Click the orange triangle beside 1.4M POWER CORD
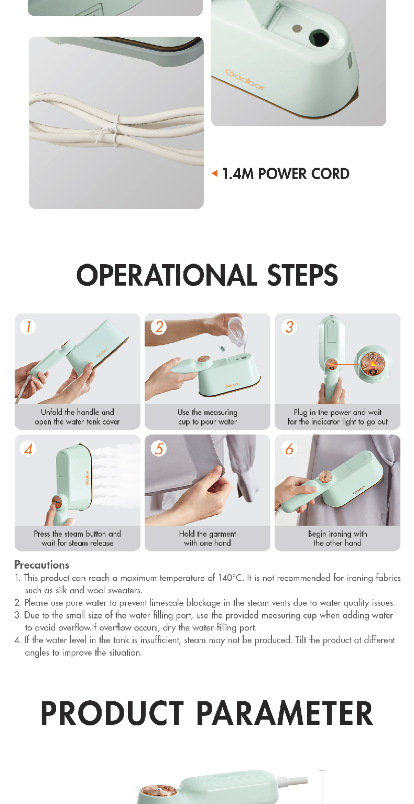tap(214, 173)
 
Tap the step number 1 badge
tap(28, 327)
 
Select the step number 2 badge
tap(159, 327)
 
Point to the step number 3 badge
tap(289, 327)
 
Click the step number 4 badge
tap(28, 449)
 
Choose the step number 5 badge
tap(159, 449)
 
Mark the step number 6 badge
tap(289, 449)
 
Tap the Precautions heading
tap(41, 564)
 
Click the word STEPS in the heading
tap(302, 275)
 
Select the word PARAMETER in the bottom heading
tap(285, 713)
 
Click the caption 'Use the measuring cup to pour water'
tap(208, 417)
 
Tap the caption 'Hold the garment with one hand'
tap(208, 538)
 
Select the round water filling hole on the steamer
tap(319, 38)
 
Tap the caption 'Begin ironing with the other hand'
tap(337, 538)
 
